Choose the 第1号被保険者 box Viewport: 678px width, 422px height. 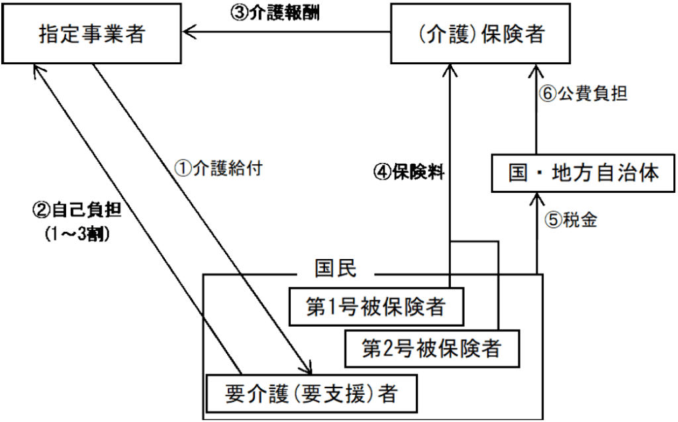(x=374, y=307)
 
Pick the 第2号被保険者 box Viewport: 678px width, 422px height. (x=430, y=346)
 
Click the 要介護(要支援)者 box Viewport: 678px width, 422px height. (x=311, y=394)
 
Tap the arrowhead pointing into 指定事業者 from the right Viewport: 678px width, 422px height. (x=191, y=30)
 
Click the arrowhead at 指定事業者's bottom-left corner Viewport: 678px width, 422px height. (x=36, y=69)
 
